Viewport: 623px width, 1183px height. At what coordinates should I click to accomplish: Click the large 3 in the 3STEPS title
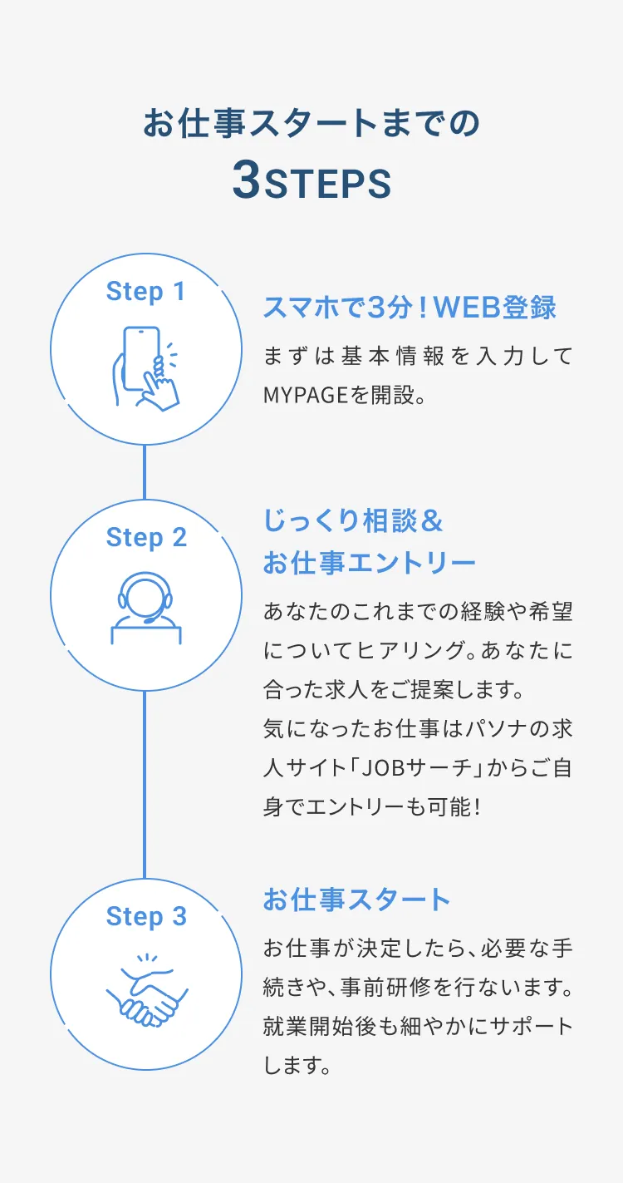[x=247, y=182]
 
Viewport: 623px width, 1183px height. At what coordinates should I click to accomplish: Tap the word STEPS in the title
[x=327, y=185]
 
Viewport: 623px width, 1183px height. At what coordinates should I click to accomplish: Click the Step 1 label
[x=145, y=292]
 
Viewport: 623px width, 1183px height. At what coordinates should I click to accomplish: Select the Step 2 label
[x=145, y=538]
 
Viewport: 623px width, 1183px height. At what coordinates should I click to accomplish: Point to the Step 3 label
[x=145, y=916]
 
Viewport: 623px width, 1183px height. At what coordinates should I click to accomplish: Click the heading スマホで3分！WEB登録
[x=409, y=308]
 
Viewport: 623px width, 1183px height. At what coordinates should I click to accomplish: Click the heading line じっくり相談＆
[x=354, y=521]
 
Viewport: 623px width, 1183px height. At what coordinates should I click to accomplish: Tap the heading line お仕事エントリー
[x=369, y=563]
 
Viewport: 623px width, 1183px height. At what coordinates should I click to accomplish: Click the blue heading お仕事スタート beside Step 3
[x=356, y=900]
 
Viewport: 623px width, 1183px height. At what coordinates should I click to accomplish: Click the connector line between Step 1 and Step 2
[x=145, y=471]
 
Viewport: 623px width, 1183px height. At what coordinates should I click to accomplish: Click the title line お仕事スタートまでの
[x=311, y=123]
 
